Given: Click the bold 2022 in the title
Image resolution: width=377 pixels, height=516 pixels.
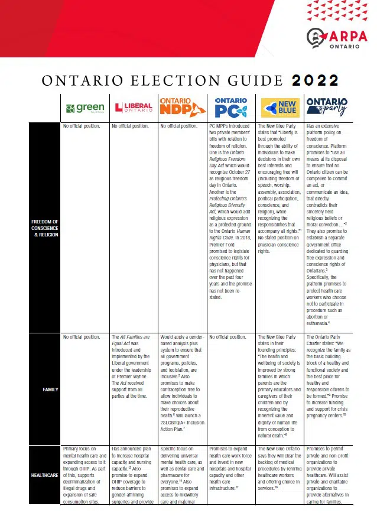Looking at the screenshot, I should click(310, 80).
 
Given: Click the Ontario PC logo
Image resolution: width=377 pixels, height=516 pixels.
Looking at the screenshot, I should click(230, 107).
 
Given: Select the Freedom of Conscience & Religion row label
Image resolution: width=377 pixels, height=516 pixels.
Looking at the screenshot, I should click(45, 227).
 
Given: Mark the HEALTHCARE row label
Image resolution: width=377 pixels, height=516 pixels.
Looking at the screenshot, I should click(45, 475).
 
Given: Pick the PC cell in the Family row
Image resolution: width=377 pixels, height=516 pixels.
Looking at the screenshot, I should click(227, 337).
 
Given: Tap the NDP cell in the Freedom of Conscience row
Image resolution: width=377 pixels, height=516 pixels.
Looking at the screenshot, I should click(177, 126).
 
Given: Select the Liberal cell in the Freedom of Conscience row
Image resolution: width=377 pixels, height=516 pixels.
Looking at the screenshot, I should click(130, 126).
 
